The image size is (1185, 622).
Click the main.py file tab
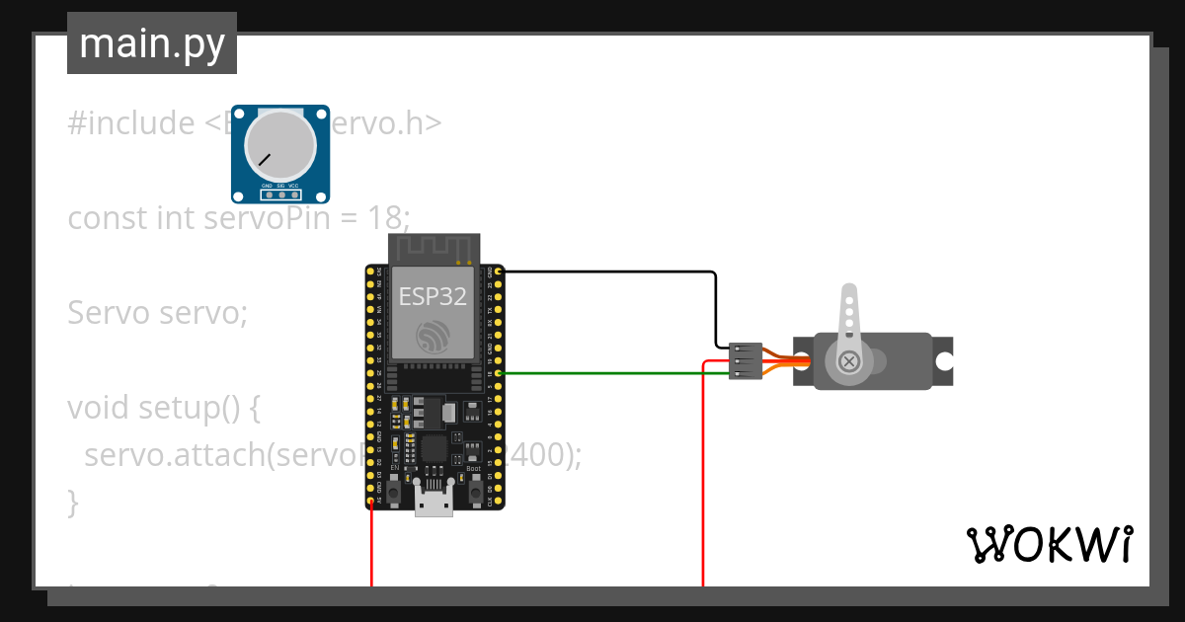coord(152,44)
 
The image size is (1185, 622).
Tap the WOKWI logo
coord(1048,544)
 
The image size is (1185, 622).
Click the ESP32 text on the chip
coord(433,296)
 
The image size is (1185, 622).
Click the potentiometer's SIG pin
coord(280,194)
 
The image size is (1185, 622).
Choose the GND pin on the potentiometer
coord(267,194)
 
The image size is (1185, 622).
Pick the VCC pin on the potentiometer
coord(294,194)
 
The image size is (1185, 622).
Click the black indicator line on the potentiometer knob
coord(264,158)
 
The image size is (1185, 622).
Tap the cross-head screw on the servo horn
coord(848,362)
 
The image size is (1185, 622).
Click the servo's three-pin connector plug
coord(745,361)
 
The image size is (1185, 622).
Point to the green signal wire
coord(612,373)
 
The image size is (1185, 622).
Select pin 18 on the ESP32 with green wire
coord(499,373)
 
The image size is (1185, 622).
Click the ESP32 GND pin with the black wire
coord(499,271)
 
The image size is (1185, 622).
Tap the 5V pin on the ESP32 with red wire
coord(371,502)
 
